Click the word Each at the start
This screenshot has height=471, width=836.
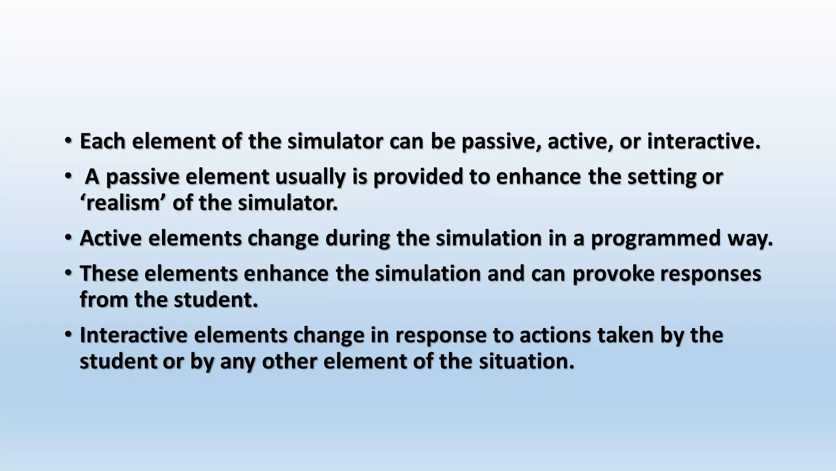click(102, 141)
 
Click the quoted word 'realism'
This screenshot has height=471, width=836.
click(123, 203)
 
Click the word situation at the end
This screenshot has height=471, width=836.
click(527, 361)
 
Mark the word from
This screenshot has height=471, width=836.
click(104, 300)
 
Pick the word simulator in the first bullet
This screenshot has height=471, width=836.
click(335, 141)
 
